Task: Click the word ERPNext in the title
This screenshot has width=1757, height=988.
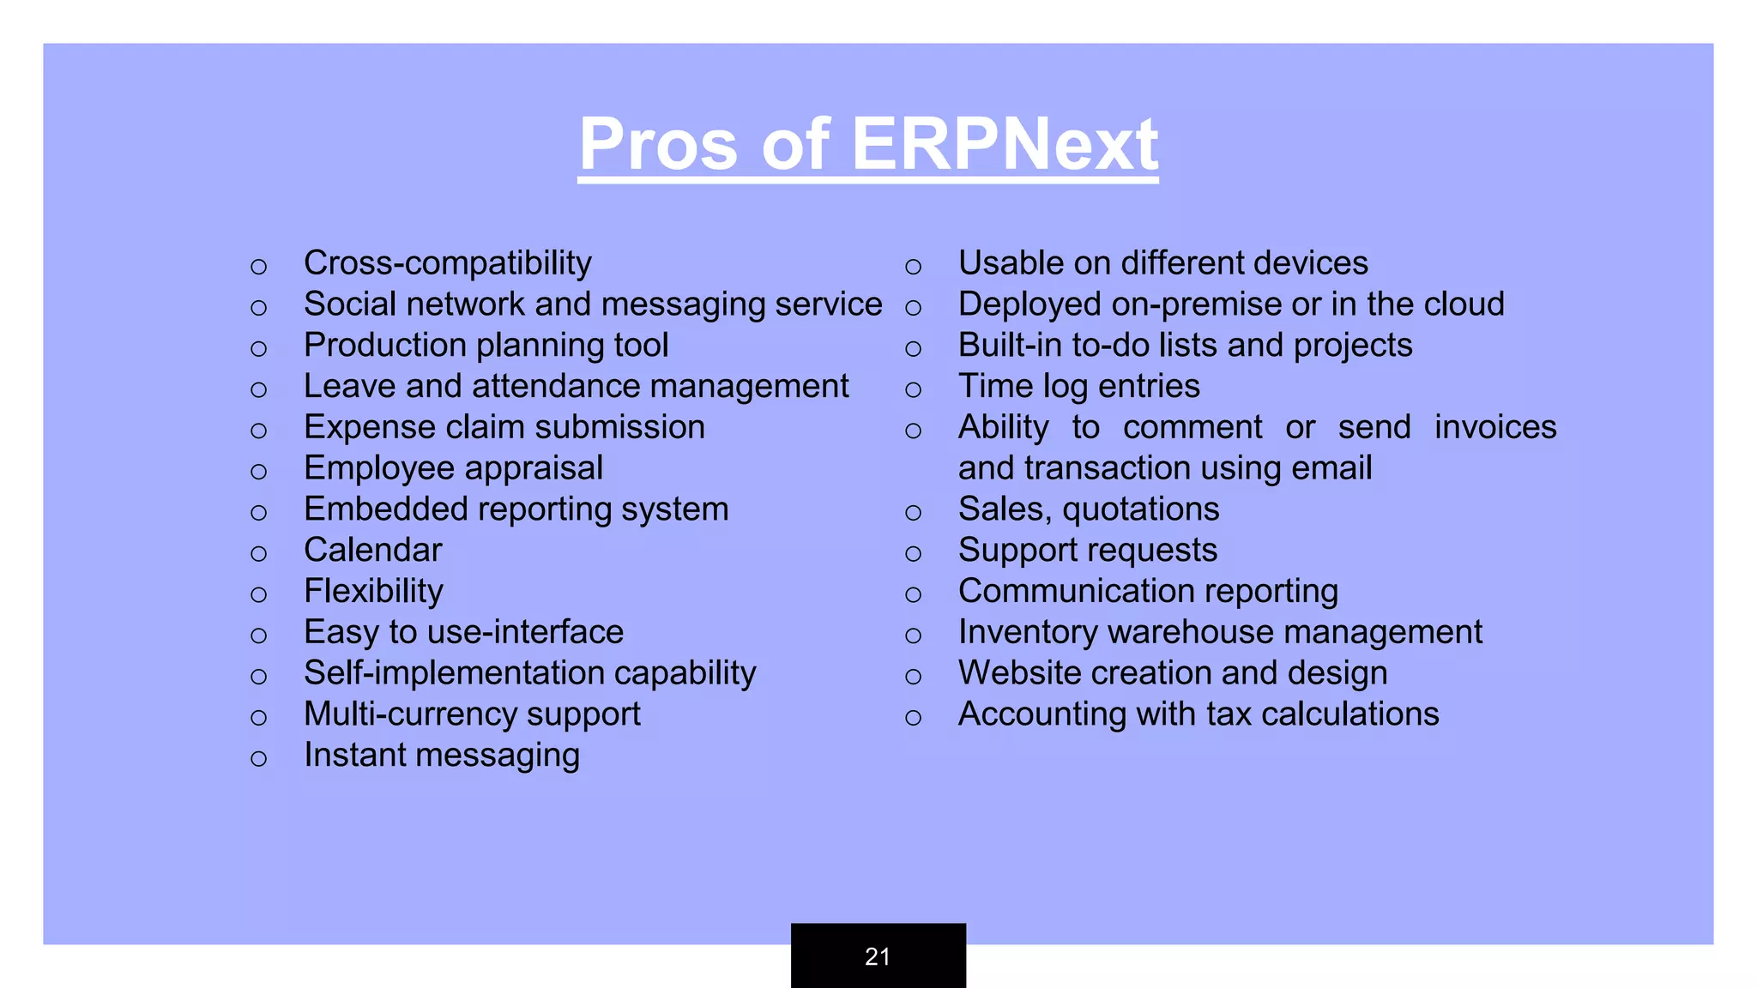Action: [1004, 144]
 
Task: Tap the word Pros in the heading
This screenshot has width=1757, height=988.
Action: [658, 144]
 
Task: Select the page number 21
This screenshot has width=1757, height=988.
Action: [878, 956]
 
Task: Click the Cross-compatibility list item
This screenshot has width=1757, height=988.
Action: [447, 263]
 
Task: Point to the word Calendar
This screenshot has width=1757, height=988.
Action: [373, 551]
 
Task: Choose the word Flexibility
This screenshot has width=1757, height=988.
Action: [373, 592]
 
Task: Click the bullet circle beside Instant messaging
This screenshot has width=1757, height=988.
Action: [259, 758]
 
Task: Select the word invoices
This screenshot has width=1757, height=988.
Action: [1495, 427]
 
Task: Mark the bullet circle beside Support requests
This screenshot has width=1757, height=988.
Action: [914, 553]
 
